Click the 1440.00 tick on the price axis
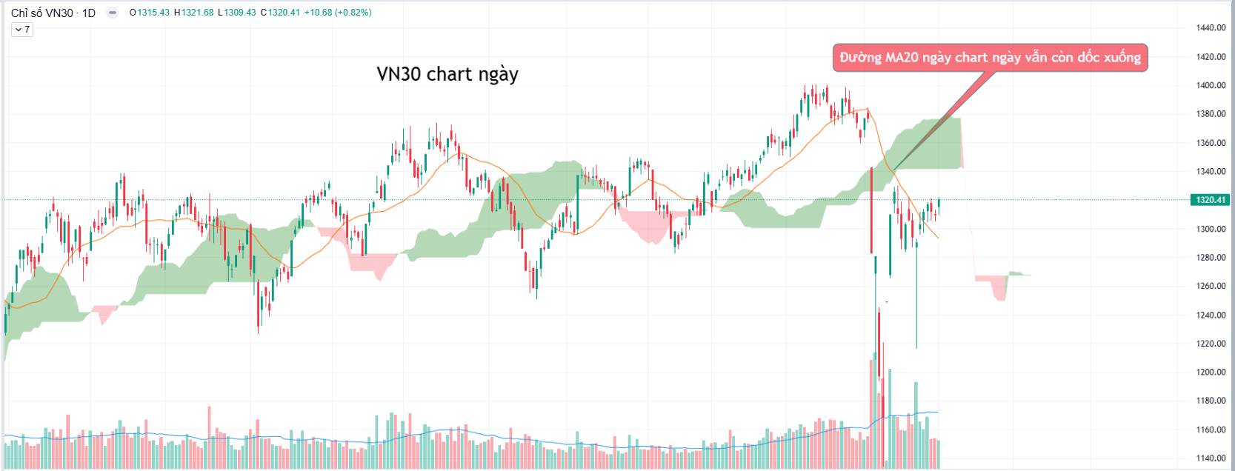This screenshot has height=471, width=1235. coord(1211,28)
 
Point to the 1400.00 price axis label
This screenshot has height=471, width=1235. coord(1211,86)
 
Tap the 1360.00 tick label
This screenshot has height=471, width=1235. coord(1211,143)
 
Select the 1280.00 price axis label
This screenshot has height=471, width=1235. coord(1211,258)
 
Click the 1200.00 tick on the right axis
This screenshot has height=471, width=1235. coord(1211,373)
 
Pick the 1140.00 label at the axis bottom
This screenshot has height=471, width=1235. coord(1211,458)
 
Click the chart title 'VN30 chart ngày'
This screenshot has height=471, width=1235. coord(447,74)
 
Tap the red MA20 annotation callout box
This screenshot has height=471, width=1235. coord(990,58)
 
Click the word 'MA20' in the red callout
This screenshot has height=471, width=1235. coord(903,58)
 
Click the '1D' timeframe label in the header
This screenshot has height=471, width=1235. coord(89,13)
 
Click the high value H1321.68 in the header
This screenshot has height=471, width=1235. coord(194,13)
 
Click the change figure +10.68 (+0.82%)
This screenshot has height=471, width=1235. coord(338,13)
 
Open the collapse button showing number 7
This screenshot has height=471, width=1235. coord(21,30)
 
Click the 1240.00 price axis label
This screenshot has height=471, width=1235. coord(1211,315)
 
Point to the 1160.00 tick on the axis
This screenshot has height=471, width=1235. coord(1211,430)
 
